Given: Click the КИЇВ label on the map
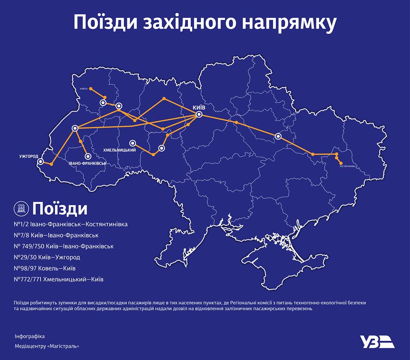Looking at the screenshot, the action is pos(199,108).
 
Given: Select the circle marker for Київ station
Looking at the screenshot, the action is pos(199,115).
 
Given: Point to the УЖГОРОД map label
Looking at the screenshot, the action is pos(29,155).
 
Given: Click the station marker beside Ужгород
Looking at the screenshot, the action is pos(41,162).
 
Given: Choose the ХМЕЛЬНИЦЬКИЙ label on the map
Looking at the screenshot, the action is pos(120,150).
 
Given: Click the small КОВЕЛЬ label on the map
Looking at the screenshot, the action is pos(83,89).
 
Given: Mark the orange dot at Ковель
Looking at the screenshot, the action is pos(91,89).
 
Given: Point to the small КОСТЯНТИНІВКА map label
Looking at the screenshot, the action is pos(349,166).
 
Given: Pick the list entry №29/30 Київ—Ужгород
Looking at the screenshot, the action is pos(47,257).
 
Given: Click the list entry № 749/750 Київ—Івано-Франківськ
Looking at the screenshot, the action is pos(64,246).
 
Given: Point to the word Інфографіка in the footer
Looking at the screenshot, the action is pos(29,336).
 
